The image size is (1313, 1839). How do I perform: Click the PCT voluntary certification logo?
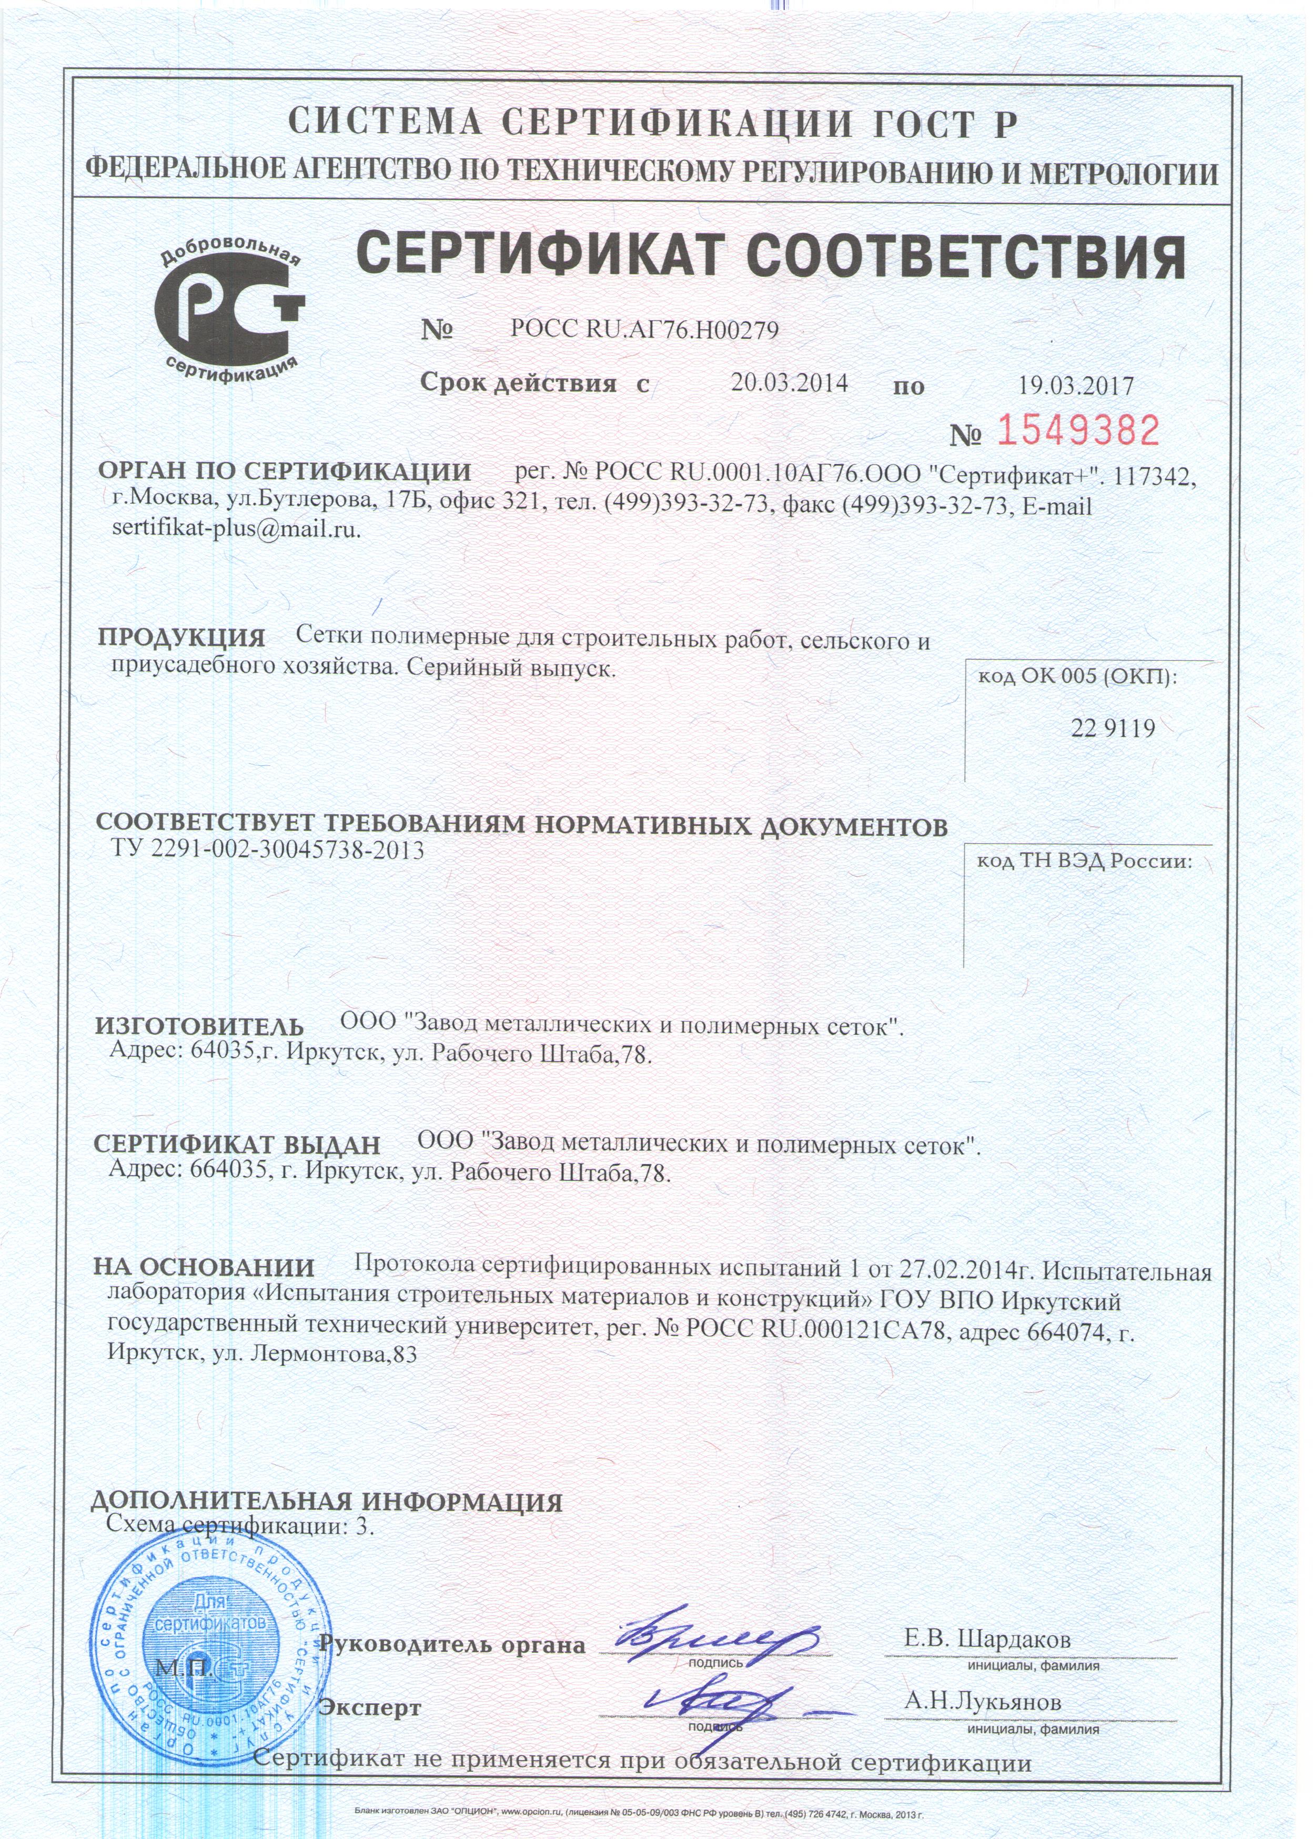(x=229, y=311)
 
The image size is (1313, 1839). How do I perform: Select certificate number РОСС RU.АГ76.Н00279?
(x=644, y=330)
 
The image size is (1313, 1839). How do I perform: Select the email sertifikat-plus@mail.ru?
(x=237, y=530)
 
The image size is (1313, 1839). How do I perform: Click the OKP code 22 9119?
(x=1113, y=729)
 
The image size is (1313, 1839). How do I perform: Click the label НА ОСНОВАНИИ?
(x=204, y=1267)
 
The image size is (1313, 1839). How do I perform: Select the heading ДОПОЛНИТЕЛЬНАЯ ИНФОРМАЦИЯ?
(x=326, y=1502)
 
